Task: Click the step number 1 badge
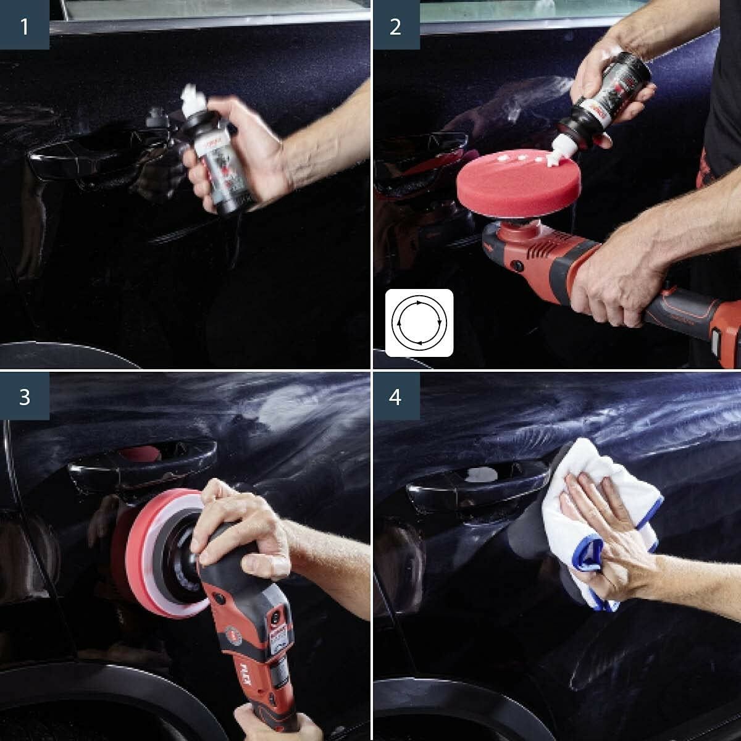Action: coord(24,27)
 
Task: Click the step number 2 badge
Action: coord(395,27)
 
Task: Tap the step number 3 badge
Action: coord(24,396)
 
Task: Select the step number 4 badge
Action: coord(395,396)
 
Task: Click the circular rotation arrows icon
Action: coord(419,322)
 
